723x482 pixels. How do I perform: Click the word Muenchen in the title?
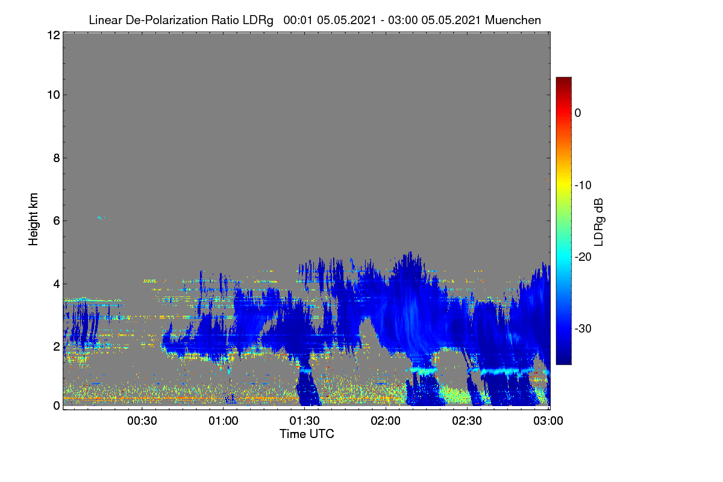(x=513, y=20)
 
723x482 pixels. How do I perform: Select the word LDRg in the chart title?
(x=258, y=20)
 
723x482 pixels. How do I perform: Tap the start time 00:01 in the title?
(x=298, y=20)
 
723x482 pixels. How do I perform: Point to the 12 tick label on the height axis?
(x=54, y=35)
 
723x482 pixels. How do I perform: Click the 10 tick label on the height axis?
(x=54, y=95)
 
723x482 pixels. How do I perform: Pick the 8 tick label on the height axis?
(x=57, y=158)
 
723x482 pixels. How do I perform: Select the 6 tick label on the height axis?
(x=57, y=221)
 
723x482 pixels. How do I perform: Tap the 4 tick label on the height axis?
(x=57, y=284)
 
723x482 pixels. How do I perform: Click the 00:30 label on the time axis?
(x=142, y=421)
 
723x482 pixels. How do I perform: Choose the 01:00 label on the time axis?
(x=223, y=421)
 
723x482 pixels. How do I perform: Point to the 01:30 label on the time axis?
(x=304, y=421)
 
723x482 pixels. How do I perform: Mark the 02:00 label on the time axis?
(x=386, y=421)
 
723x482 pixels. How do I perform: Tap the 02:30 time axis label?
(x=467, y=421)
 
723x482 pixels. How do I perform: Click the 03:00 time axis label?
(x=548, y=421)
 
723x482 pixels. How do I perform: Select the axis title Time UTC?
(x=307, y=434)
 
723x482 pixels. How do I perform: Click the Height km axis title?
(x=33, y=219)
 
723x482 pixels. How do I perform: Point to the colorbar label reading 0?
(x=578, y=113)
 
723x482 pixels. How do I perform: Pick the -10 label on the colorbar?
(x=583, y=186)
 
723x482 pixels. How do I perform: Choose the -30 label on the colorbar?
(x=583, y=328)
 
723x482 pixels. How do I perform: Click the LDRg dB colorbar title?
(x=599, y=222)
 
